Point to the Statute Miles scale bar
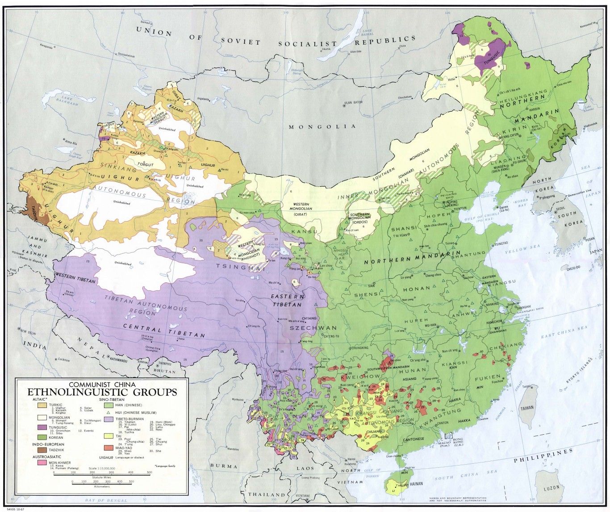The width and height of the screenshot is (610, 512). [103, 477]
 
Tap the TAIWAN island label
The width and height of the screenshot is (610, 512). [526, 408]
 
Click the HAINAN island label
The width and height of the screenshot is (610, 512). [416, 483]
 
